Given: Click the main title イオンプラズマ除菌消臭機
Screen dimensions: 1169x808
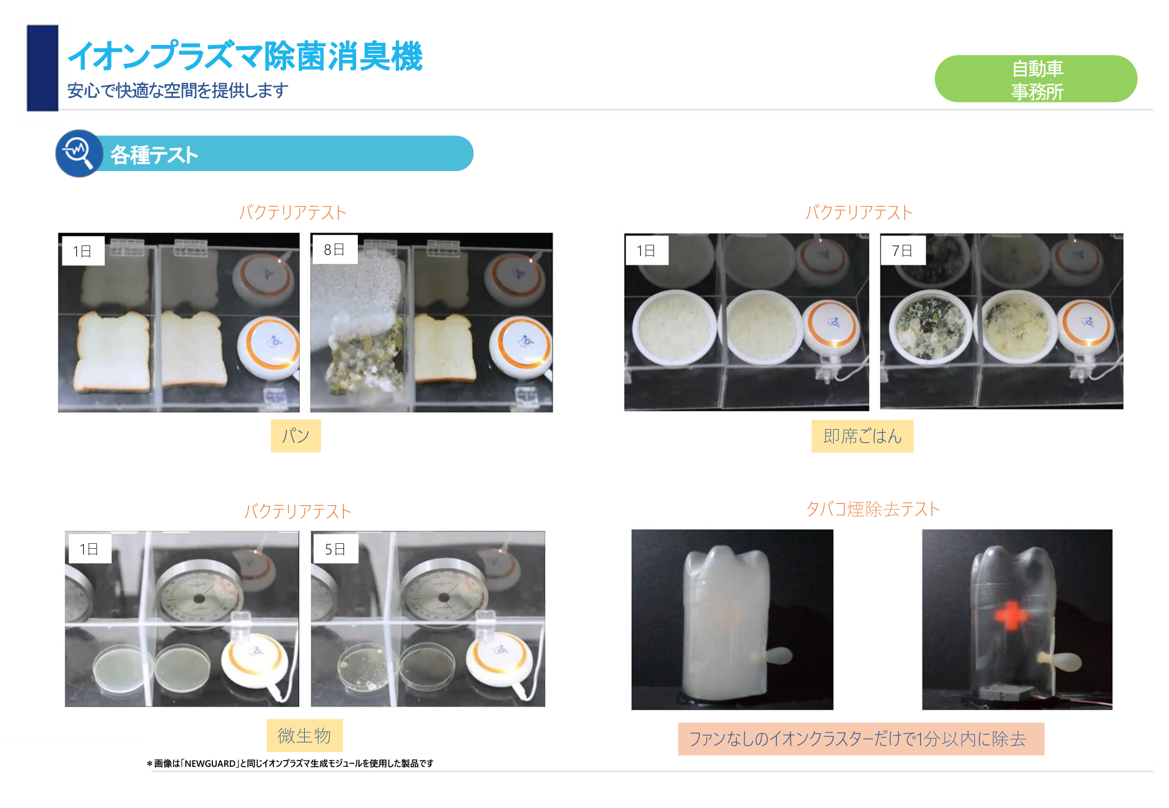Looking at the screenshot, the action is tap(245, 56).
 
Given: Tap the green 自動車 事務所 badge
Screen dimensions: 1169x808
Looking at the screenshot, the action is tap(1035, 79).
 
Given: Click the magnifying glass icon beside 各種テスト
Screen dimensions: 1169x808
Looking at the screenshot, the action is tap(79, 153).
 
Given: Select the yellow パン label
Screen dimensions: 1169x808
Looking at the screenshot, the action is tap(295, 435).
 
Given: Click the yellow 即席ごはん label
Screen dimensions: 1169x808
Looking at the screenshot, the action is tap(862, 436).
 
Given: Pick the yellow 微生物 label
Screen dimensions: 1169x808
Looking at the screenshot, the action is tap(304, 736).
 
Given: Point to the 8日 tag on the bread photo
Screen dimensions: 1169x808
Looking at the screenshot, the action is tap(334, 250).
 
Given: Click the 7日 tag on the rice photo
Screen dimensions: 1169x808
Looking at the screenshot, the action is tap(902, 250).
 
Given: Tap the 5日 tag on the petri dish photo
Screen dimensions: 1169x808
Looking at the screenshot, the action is tap(335, 549).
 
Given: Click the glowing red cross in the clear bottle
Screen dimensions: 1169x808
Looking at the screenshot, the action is tap(1010, 616).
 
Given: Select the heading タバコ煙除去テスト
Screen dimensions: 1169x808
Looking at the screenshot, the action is tap(872, 509).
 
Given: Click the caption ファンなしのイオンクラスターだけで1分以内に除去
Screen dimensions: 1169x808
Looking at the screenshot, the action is tap(861, 739).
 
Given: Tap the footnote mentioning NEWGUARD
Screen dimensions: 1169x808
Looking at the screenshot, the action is tap(290, 763).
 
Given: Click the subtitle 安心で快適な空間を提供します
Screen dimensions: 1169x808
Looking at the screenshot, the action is tap(177, 91).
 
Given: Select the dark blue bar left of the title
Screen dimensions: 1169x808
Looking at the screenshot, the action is tap(42, 68).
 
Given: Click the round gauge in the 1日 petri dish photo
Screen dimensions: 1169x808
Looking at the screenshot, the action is tap(199, 595).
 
